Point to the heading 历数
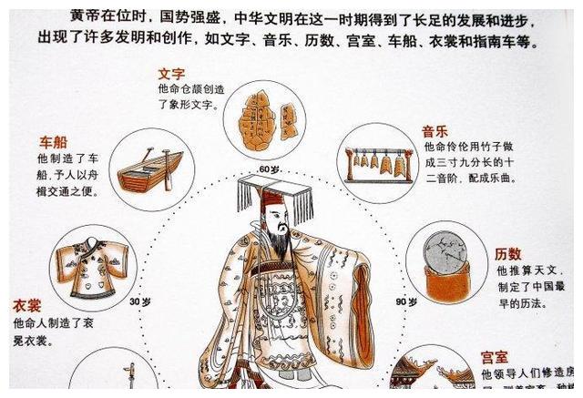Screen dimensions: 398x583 [508, 254]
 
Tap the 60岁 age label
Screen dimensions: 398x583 [269, 169]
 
